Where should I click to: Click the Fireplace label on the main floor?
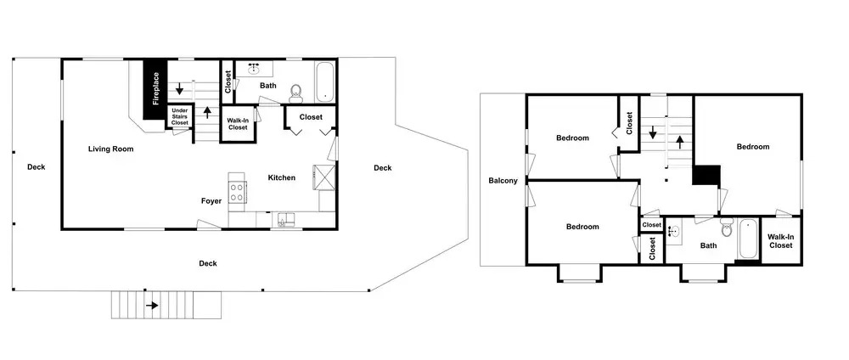156,89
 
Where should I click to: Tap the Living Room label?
111,149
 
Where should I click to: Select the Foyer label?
211,201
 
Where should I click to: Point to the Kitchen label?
282,177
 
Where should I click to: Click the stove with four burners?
237,192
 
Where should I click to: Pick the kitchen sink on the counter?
286,219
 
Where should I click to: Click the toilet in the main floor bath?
295,93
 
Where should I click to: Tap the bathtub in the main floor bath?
325,82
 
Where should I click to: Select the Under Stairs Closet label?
180,116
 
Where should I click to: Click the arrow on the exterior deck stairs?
152,306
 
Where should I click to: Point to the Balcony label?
503,181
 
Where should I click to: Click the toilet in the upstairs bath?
727,228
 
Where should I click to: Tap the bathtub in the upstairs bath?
748,239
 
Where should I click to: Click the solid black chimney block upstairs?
707,176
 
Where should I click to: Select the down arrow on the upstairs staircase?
653,132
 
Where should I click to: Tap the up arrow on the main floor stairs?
206,112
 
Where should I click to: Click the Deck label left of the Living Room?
37,167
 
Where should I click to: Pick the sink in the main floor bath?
254,69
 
